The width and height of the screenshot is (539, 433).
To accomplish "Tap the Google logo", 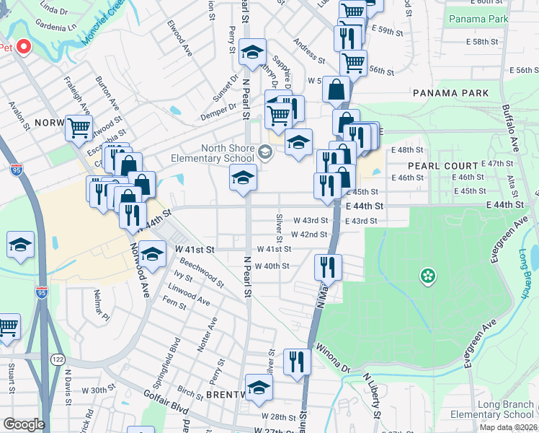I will coord(24,424).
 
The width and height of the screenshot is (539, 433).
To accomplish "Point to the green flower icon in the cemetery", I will coord(428,275).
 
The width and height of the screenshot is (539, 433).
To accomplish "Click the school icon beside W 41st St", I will coord(153,254).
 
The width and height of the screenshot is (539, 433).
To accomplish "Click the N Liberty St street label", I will coord(371,396).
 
